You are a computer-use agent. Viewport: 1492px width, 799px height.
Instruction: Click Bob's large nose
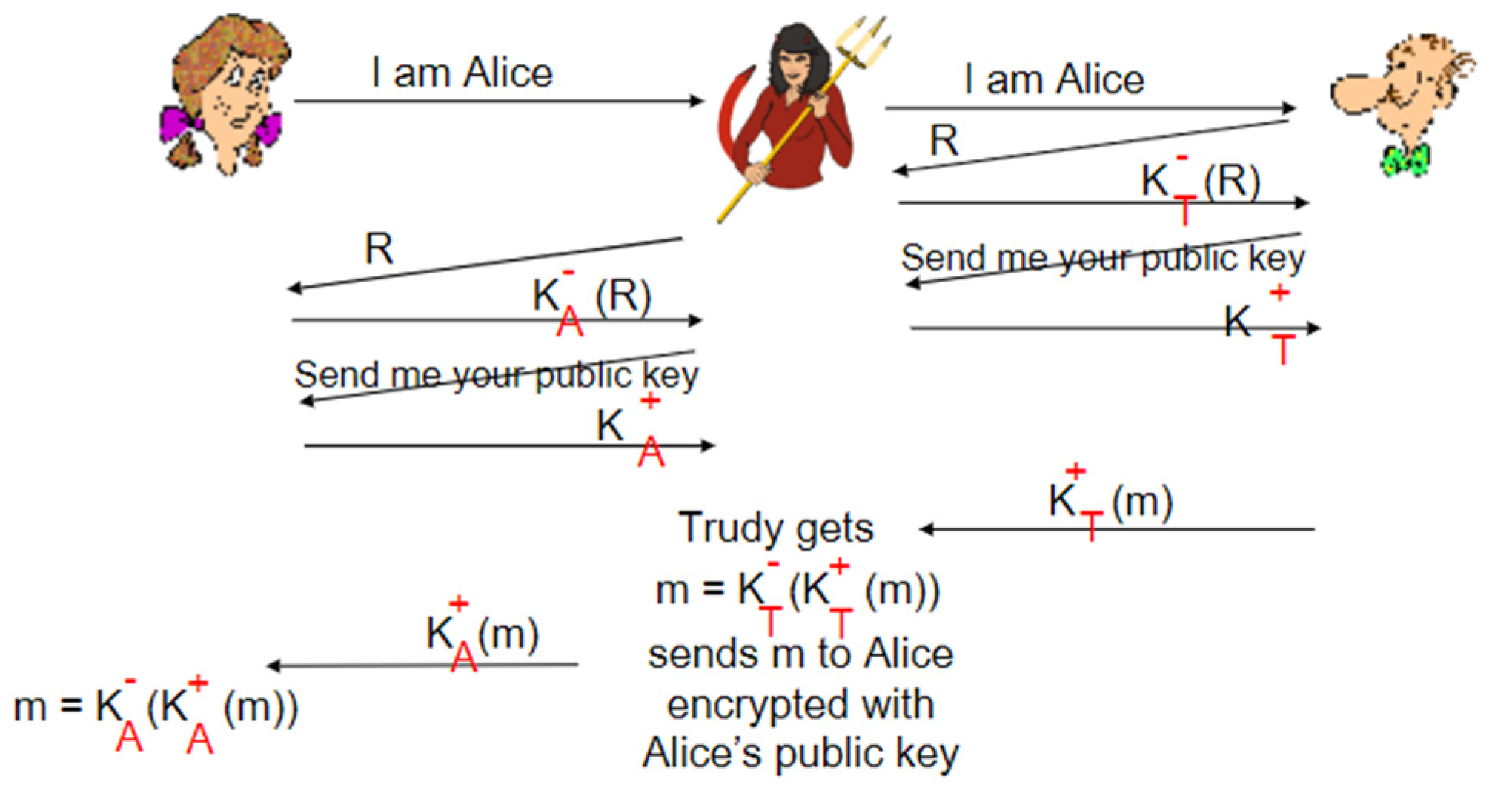coord(1356,92)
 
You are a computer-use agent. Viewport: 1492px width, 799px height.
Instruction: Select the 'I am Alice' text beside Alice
coord(462,73)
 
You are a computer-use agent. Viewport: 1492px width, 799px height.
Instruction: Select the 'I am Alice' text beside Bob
coord(1054,79)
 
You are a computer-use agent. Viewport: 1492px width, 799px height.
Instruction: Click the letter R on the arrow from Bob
coord(944,141)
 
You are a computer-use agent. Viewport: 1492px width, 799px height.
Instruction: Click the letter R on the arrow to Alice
coord(379,249)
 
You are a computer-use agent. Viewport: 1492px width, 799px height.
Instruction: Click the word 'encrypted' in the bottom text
coord(800,704)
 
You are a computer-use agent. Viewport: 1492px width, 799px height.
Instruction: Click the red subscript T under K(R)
coord(1184,210)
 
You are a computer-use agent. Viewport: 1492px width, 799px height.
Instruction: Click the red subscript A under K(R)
coord(569,323)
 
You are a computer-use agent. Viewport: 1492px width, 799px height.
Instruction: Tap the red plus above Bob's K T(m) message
coord(1075,471)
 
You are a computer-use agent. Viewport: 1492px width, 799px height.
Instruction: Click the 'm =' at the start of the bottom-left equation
coord(47,707)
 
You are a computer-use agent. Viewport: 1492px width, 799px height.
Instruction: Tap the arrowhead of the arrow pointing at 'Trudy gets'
coord(926,529)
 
